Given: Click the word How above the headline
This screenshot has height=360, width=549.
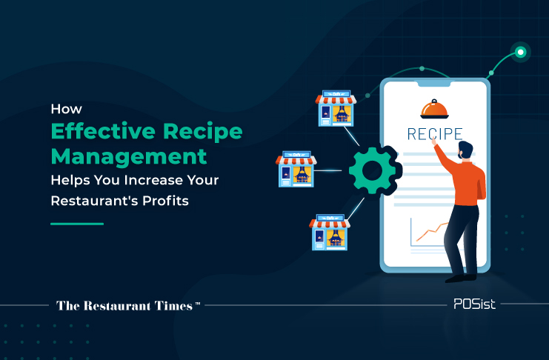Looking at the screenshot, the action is point(66,109).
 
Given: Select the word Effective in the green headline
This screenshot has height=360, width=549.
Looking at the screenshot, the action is point(103,131).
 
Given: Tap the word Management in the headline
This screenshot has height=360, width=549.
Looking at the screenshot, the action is point(129,157).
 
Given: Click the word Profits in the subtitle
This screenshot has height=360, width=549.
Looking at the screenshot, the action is point(166,201).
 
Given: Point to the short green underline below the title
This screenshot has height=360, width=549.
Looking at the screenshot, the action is point(77,224).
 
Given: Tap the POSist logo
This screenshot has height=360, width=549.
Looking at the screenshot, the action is point(474,304).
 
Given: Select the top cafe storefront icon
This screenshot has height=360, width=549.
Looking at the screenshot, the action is point(336,108).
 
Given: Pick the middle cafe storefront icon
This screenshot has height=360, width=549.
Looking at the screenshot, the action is point(296,169).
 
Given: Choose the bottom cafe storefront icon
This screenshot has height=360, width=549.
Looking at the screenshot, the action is point(330,232).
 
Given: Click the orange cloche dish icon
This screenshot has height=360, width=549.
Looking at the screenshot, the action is point(434,109).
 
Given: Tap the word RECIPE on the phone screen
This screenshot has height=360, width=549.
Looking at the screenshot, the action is point(435,134).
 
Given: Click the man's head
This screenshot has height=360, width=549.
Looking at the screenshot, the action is point(465,150).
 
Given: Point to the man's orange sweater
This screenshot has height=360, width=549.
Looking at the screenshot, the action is point(466,178).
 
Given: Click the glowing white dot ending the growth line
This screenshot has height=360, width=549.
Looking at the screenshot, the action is point(520,52).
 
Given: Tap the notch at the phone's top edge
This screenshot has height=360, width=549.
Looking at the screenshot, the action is point(434,84).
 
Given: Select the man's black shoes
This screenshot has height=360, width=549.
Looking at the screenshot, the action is point(461,278).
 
